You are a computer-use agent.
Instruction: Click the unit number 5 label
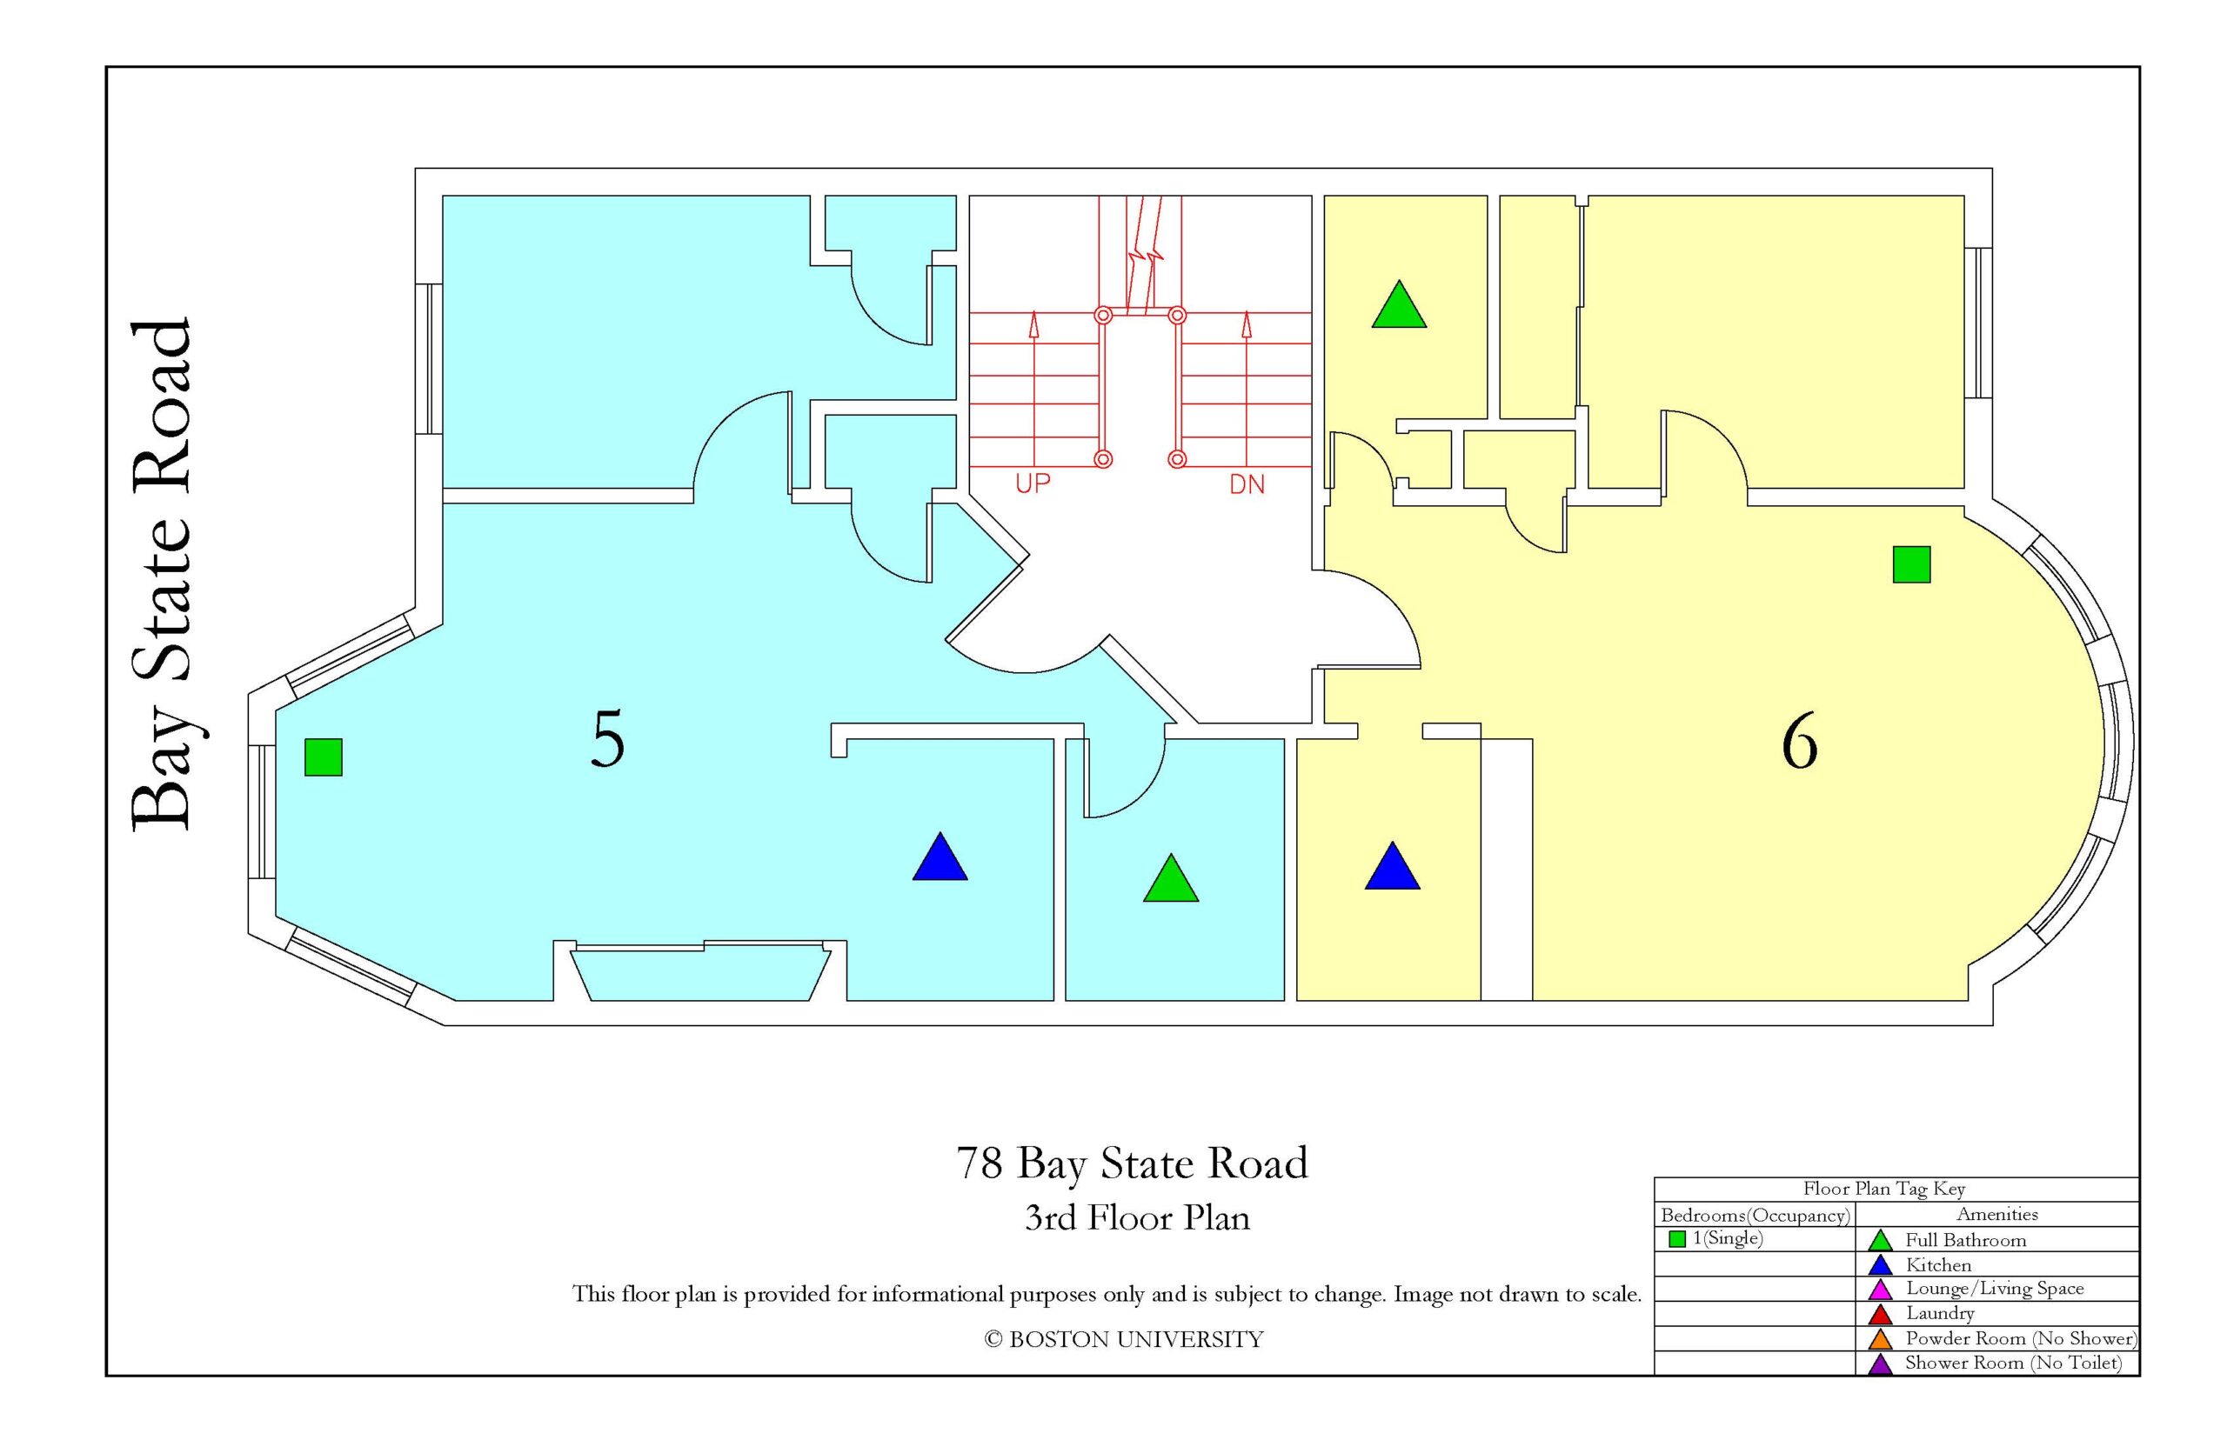(608, 740)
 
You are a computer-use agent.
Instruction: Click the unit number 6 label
(1800, 742)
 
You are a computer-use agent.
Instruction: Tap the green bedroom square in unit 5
(324, 757)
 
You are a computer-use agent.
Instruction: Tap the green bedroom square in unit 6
(1912, 564)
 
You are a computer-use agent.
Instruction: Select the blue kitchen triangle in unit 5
(940, 857)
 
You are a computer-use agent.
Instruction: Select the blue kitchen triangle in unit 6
(1393, 867)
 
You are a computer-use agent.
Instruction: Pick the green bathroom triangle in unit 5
(1171, 879)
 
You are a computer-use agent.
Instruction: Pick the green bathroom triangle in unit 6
(1399, 305)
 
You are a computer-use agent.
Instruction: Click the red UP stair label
(1033, 483)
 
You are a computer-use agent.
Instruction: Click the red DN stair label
(1247, 484)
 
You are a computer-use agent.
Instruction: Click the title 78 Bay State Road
(1132, 1163)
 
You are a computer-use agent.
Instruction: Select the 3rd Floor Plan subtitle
(1137, 1218)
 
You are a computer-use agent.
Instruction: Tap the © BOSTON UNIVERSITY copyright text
(1123, 1340)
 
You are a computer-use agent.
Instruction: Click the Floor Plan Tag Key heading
(1883, 1189)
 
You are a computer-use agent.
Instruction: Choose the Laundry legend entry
(1940, 1313)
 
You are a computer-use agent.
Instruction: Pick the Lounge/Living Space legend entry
(1995, 1289)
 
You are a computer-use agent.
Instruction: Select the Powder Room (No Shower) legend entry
(2021, 1338)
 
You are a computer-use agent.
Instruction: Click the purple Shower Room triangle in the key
(1880, 1364)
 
